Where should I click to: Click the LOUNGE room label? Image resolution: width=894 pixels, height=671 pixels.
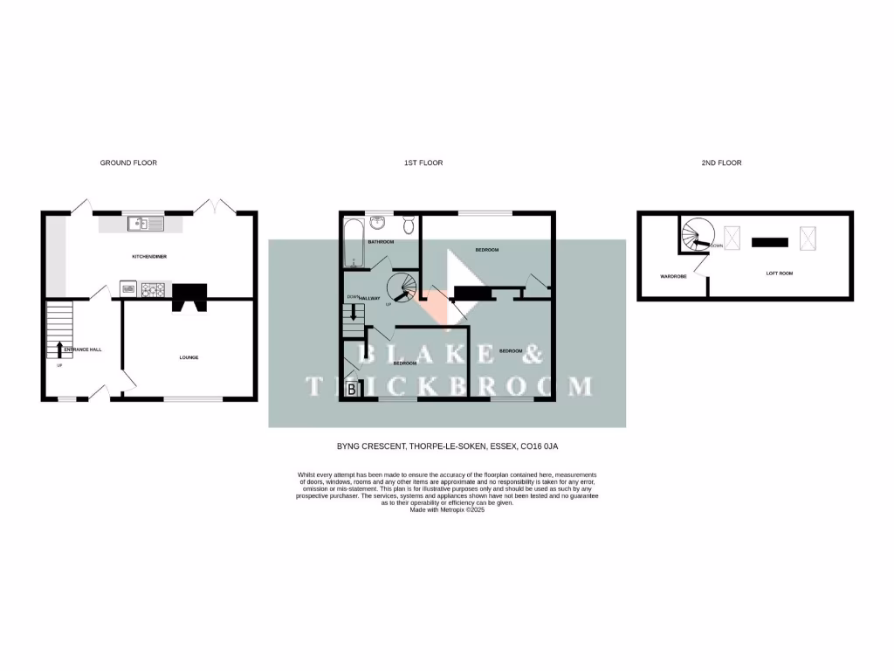pos(189,357)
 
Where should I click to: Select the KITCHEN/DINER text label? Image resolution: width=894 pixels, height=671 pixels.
pos(148,257)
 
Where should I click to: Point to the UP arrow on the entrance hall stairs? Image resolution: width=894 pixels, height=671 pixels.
pos(58,349)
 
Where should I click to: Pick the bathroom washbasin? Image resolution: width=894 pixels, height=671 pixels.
pos(377,222)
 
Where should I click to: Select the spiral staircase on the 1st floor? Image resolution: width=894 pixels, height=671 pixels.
pos(403,287)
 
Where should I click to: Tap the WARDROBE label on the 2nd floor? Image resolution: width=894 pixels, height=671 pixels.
pos(673,276)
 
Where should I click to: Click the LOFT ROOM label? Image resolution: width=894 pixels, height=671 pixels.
pos(780,273)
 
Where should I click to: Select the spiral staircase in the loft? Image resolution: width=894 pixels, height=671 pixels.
pos(698,235)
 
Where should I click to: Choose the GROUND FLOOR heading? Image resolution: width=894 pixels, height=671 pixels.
pos(128,163)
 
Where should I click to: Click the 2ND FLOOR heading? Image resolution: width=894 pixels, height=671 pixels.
pos(721,163)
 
